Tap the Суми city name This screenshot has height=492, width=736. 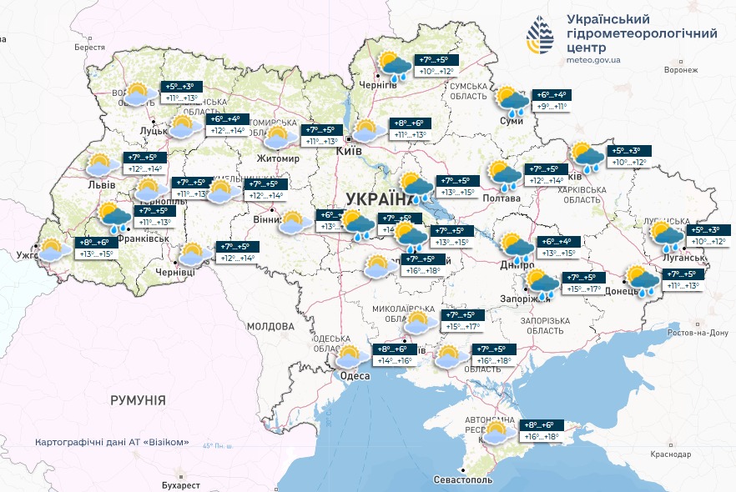coord(511,121)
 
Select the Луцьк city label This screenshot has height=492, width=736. coord(154,130)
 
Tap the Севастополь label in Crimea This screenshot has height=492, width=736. coord(463,480)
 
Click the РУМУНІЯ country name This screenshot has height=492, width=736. coord(138,400)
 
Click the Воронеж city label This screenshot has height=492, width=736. coord(680,70)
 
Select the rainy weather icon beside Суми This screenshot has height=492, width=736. coord(512,99)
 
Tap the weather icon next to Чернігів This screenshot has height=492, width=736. coord(393,65)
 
